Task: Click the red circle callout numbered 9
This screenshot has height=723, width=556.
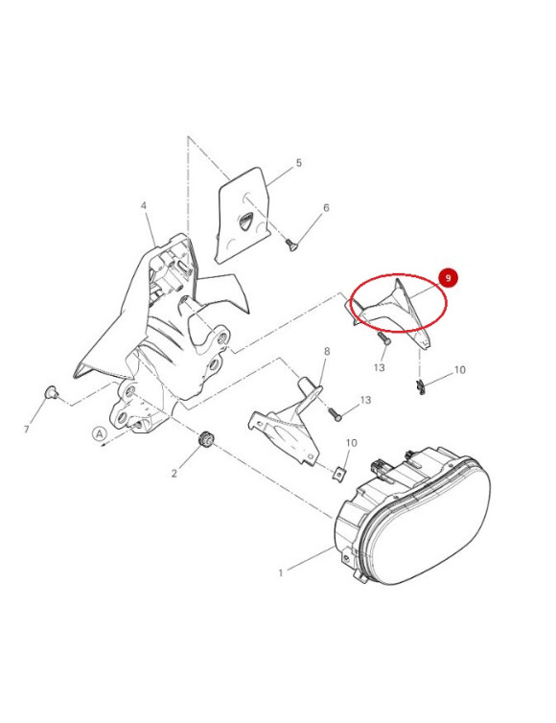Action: tap(448, 278)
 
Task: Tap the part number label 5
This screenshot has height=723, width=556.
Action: tap(299, 163)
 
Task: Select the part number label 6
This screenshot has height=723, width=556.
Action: tap(326, 208)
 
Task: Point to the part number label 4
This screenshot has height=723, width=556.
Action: tap(144, 205)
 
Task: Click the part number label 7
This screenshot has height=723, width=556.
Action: tap(26, 430)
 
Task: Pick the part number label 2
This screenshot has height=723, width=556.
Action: tap(174, 473)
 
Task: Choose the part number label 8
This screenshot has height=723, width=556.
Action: tap(327, 352)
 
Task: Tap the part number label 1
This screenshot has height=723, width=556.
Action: tap(280, 573)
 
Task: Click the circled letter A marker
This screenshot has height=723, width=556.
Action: tap(100, 433)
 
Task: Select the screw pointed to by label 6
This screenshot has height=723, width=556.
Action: tap(291, 245)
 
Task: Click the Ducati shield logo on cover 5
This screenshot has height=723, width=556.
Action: tap(245, 220)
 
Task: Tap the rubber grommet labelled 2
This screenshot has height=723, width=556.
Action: tap(205, 439)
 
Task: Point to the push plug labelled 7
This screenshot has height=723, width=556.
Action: tap(51, 392)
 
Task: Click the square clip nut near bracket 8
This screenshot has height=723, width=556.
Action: tap(339, 474)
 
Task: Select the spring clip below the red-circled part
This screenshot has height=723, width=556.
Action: tap(420, 386)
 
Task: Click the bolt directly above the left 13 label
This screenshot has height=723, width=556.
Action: tap(384, 338)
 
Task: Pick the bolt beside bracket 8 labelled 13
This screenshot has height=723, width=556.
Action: tap(336, 415)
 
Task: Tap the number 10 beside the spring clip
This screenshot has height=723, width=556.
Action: tap(459, 370)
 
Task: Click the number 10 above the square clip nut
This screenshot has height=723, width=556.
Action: tap(351, 443)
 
